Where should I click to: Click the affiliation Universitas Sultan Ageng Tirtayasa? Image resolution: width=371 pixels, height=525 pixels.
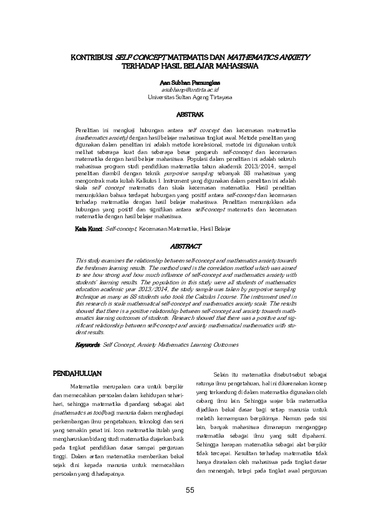[190, 98]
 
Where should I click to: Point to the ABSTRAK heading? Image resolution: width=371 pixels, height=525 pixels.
[190, 116]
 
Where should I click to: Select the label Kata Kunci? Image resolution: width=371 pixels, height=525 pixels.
[89, 229]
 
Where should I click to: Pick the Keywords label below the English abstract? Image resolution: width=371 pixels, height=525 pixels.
[88, 344]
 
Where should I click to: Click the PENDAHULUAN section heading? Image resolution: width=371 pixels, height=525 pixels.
[77, 374]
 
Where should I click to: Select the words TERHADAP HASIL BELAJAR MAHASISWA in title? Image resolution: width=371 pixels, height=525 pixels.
[190, 65]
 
